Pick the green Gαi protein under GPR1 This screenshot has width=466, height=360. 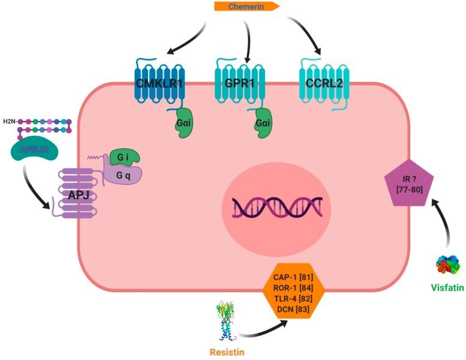[x=263, y=123]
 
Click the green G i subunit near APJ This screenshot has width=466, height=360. [x=124, y=158]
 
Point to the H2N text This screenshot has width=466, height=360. [x=10, y=122]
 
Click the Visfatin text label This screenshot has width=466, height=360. [x=447, y=287]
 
